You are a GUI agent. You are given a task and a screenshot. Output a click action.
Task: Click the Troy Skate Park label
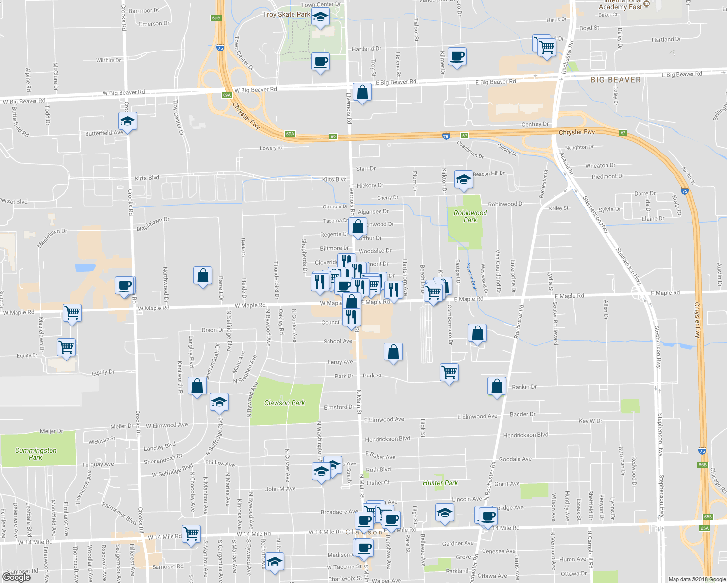(x=286, y=14)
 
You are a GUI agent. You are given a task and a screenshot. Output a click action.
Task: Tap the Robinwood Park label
(x=470, y=216)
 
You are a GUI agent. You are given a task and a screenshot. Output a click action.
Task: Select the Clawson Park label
(x=284, y=403)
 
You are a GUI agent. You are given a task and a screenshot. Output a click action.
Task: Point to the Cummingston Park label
(x=35, y=454)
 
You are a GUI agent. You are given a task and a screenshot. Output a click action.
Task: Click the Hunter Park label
(x=440, y=483)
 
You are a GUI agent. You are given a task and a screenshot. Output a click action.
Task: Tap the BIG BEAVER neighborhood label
(x=615, y=80)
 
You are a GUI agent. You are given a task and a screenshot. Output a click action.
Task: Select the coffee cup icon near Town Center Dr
(x=320, y=62)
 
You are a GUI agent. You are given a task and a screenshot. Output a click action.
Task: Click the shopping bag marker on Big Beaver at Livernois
(x=362, y=92)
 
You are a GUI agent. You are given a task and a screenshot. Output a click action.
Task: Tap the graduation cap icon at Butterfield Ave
(x=127, y=121)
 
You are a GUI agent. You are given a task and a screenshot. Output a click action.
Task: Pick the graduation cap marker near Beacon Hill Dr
(x=464, y=179)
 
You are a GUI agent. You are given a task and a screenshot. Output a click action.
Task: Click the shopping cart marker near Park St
(x=450, y=373)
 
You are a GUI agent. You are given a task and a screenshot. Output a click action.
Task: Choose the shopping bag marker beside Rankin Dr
(x=497, y=387)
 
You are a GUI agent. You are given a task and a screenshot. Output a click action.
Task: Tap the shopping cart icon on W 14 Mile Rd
(x=191, y=533)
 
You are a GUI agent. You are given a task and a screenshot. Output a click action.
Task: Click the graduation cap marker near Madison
(x=275, y=562)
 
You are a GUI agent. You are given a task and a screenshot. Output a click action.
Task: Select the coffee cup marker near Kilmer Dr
(x=457, y=56)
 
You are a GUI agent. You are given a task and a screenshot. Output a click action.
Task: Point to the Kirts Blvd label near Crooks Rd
(x=147, y=178)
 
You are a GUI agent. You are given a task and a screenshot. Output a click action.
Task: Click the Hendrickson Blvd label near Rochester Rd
(x=525, y=435)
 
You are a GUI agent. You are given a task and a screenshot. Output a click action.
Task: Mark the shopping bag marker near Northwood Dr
(x=203, y=276)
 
